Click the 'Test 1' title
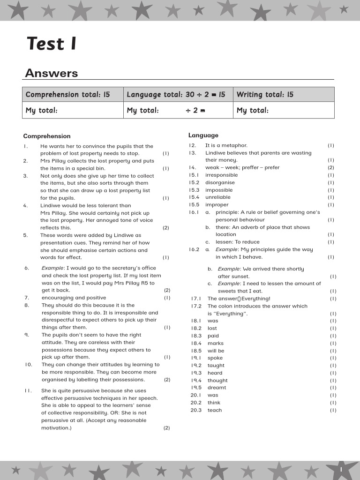tap(52, 44)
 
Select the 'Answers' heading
tap(52, 73)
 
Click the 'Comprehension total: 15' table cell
tap(68, 94)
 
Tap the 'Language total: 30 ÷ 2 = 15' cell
tap(176, 94)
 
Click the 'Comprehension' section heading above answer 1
tap(47, 136)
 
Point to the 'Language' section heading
tap(203, 135)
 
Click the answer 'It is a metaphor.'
tap(226, 145)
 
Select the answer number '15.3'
tap(194, 190)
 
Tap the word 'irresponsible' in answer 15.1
tap(221, 175)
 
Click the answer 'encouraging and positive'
tap(74, 298)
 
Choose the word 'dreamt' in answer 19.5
tap(217, 388)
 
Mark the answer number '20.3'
tap(196, 410)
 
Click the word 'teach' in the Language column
tap(215, 410)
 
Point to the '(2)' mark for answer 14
tap(331, 167)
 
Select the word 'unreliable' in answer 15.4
tap(218, 197)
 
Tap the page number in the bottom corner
tap(341, 469)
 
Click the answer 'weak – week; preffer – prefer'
tap(242, 167)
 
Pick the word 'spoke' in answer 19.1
tap(215, 358)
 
